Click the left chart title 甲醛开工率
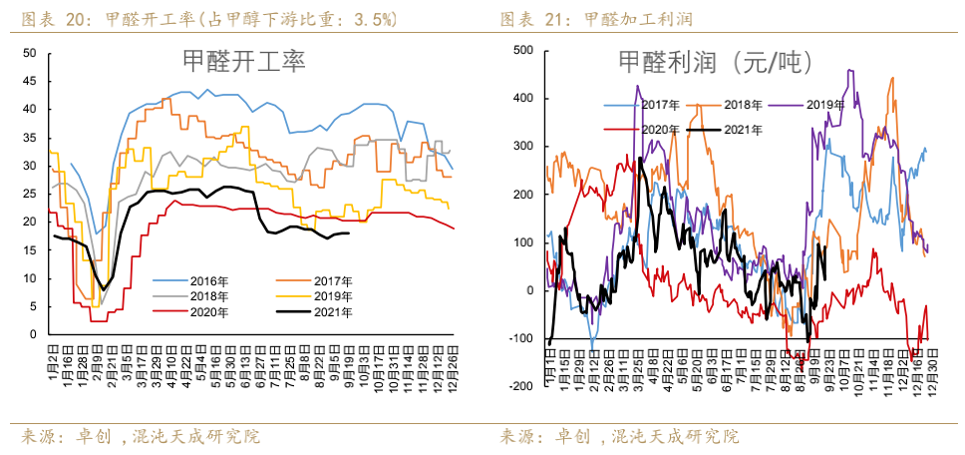click(244, 62)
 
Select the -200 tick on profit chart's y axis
click(518, 386)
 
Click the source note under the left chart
click(140, 436)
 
